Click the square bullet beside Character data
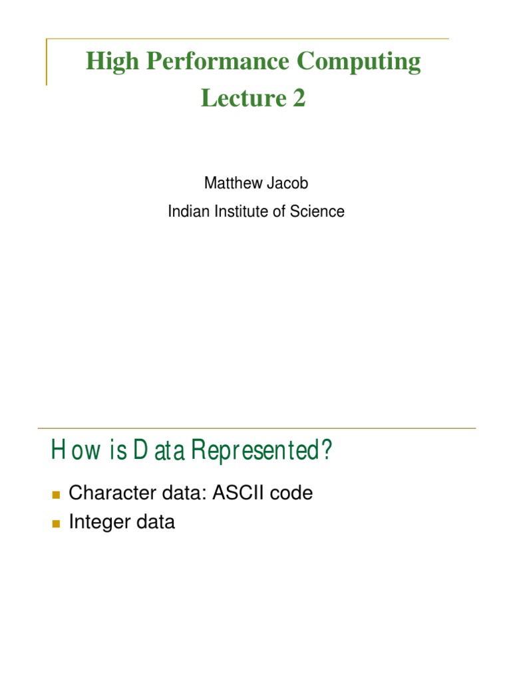pos(55,494)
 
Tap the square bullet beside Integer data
pos(55,523)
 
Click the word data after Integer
pos(154,523)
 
